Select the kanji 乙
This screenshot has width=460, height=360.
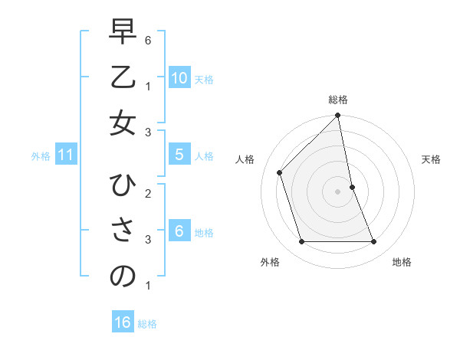tap(123, 79)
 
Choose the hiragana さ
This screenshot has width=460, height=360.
tap(123, 232)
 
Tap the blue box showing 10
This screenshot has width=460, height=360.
tap(179, 78)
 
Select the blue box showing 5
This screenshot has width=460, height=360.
tap(179, 155)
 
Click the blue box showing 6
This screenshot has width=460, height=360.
tap(179, 231)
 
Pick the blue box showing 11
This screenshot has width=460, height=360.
tap(66, 155)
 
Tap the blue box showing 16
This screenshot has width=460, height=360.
tap(123, 322)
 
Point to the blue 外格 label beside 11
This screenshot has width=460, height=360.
tap(41, 156)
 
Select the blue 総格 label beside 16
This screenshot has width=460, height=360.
tap(147, 324)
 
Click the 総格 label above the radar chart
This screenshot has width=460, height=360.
tap(338, 100)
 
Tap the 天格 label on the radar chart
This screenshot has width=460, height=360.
tap(431, 159)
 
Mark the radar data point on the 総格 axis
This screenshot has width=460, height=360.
tap(338, 116)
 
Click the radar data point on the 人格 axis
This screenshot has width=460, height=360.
tap(280, 172)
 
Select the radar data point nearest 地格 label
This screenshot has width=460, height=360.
tap(374, 242)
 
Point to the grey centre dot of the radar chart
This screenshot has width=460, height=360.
tap(338, 191)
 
